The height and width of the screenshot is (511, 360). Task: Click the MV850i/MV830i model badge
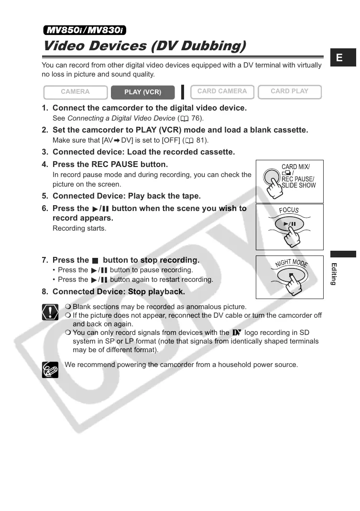(85, 31)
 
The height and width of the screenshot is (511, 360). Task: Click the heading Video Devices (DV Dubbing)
(144, 46)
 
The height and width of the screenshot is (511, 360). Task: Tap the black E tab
(339, 58)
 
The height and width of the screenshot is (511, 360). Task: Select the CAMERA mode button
(75, 92)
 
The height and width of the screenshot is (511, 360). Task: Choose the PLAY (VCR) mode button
(142, 92)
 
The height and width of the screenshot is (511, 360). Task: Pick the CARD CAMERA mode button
(222, 91)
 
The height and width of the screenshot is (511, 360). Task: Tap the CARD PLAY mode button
(289, 91)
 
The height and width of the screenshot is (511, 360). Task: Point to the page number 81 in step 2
(201, 140)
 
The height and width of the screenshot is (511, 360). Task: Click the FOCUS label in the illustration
(289, 211)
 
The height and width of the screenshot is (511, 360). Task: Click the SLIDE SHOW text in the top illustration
(299, 186)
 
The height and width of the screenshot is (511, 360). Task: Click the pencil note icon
(50, 369)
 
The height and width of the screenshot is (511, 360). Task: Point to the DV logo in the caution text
(237, 333)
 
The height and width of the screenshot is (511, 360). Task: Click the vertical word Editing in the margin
(334, 274)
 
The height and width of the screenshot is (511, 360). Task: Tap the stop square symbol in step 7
(95, 261)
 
